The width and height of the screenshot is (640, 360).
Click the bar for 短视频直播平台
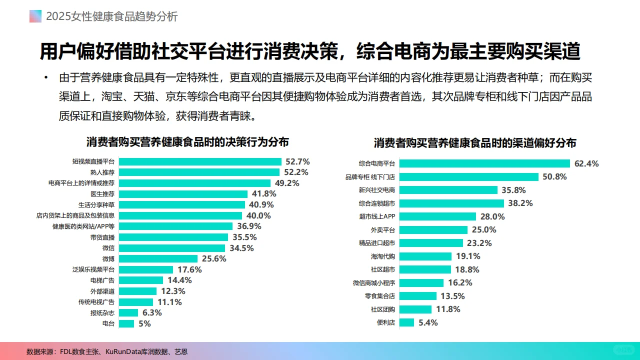tap(200, 161)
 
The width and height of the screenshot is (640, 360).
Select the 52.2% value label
tap(296, 172)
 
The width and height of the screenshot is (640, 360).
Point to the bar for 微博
tap(158, 259)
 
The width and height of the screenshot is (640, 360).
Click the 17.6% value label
tap(189, 269)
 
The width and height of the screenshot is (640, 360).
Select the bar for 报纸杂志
tap(128, 313)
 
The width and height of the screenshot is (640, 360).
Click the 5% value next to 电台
tap(144, 323)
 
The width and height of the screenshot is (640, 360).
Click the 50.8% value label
tap(554, 177)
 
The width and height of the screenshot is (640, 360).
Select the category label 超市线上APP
tap(377, 216)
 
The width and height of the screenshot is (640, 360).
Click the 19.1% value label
tap(468, 256)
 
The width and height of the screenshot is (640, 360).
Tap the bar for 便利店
tap(407, 322)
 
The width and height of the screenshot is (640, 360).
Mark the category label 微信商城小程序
tap(373, 283)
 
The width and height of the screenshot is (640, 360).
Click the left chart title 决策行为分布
tap(187, 142)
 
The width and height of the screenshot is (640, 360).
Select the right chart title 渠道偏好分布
tap(475, 143)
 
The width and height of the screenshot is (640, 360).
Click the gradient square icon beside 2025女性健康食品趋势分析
tap(35, 16)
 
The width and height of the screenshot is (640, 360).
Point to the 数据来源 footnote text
tap(107, 351)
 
